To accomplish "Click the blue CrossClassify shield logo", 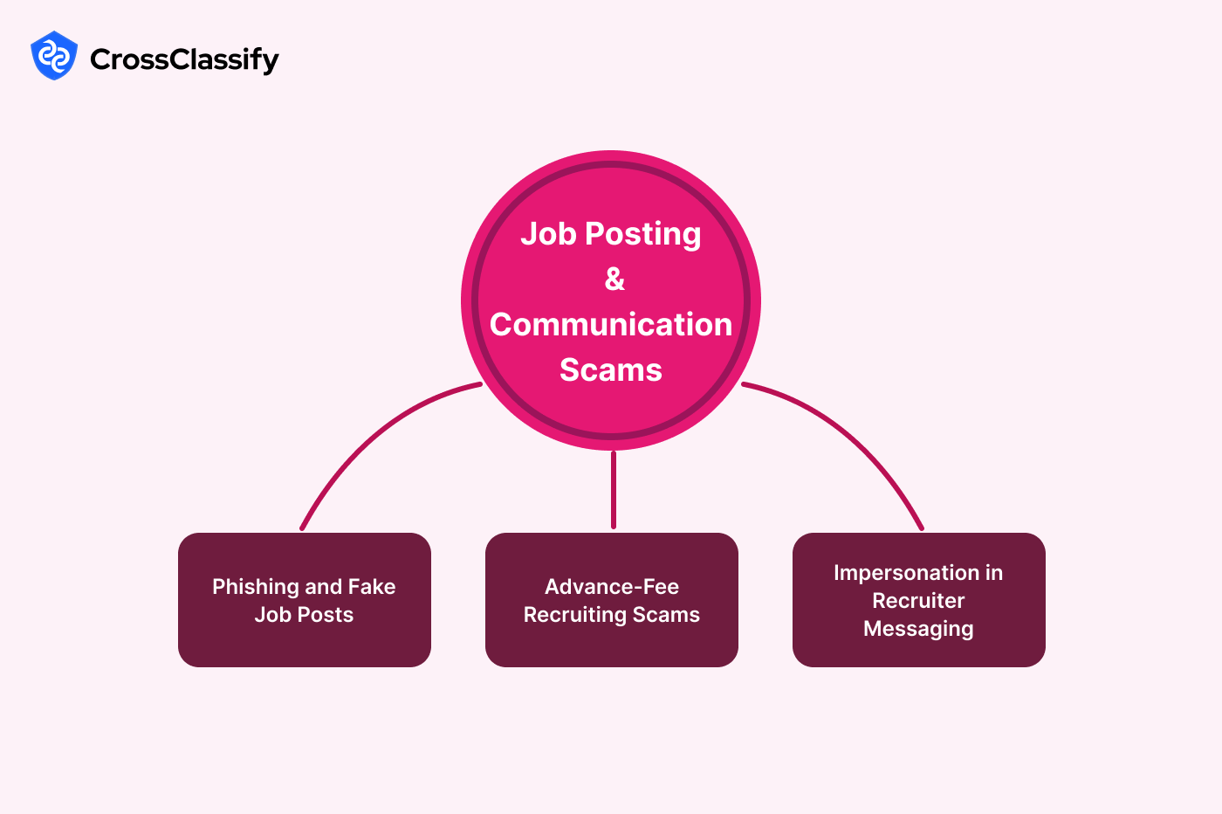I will (x=54, y=56).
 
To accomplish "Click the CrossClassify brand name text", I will (x=184, y=59).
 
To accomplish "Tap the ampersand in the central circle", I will (x=614, y=279).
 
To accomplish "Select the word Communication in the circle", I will (x=611, y=324).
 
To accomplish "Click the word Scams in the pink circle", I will (x=611, y=369).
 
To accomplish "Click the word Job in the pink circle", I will (x=548, y=234).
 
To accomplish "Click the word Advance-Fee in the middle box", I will (x=612, y=587).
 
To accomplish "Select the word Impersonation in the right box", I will (x=906, y=573).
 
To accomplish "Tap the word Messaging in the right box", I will (x=918, y=629).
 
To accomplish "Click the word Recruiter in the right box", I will (x=918, y=601).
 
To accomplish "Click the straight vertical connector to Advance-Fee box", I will (x=614, y=489).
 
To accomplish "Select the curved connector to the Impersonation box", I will (x=855, y=437).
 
